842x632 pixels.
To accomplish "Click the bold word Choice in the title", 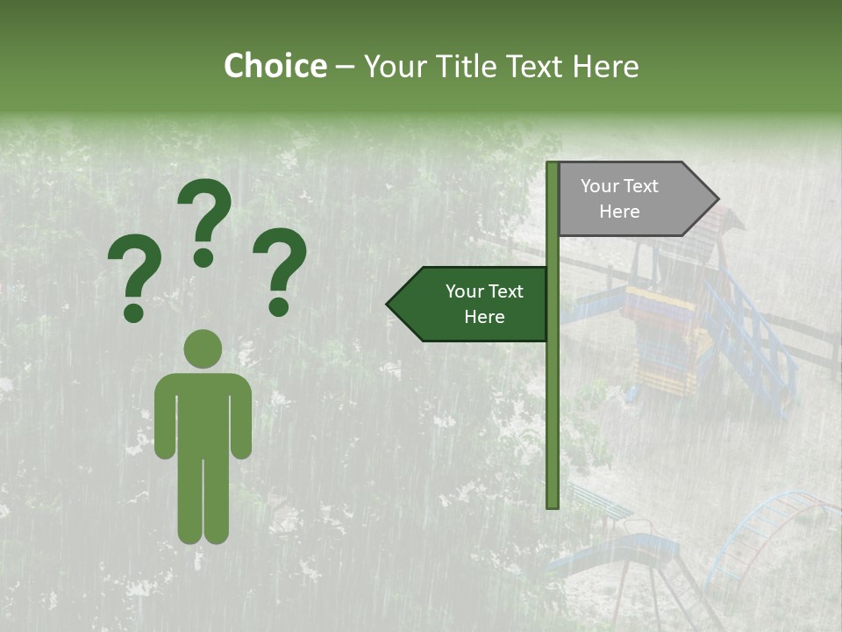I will [275, 66].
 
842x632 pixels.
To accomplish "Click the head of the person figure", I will [203, 348].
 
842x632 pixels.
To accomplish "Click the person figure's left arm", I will [166, 417].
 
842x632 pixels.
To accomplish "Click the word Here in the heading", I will [605, 66].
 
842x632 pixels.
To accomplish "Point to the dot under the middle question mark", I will [203, 257].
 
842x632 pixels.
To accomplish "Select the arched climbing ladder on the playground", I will [772, 535].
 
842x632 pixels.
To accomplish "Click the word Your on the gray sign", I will [599, 186].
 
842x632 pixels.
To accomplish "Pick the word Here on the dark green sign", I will [484, 316].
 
